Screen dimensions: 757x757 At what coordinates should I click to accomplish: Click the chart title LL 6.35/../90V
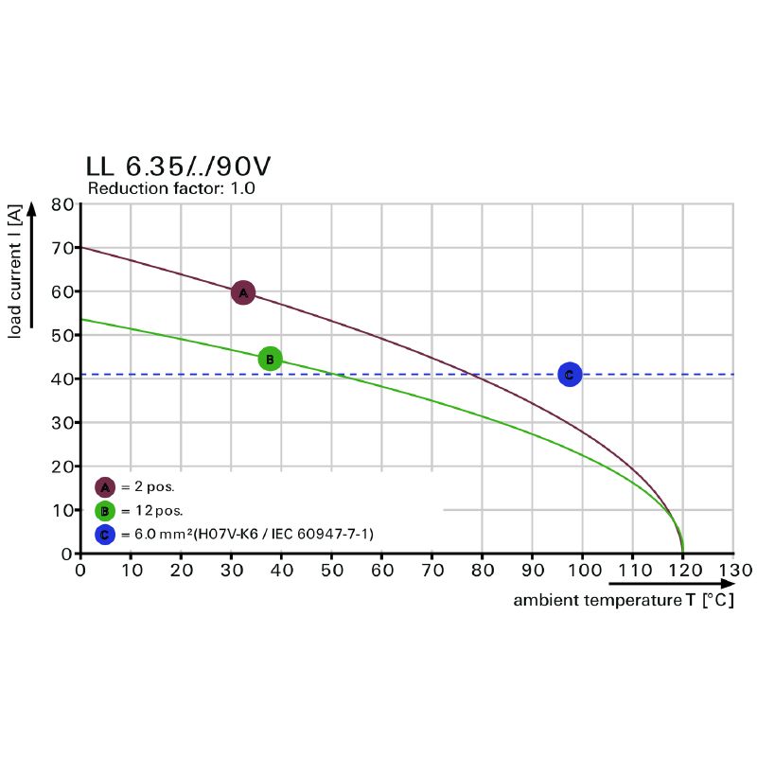point(178,167)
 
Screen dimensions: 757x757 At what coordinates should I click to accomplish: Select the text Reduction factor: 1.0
point(171,188)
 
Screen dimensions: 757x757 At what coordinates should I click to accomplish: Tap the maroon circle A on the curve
point(243,292)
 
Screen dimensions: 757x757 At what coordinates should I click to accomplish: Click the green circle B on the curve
point(270,359)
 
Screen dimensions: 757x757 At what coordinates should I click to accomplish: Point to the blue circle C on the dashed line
point(569,375)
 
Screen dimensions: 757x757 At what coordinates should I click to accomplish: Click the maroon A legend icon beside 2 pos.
point(105,487)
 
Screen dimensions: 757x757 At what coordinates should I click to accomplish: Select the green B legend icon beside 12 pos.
point(105,512)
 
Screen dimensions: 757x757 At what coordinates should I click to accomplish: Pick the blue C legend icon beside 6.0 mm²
point(105,535)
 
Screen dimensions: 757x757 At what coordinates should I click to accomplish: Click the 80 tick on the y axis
point(62,204)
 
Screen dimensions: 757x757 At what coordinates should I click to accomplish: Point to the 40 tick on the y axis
point(62,378)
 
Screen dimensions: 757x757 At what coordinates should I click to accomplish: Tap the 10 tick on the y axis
point(62,510)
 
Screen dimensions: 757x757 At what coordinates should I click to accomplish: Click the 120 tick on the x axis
point(682,571)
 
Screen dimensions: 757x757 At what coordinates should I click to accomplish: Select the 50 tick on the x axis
point(331,571)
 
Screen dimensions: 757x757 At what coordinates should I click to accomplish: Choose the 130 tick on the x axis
point(733,571)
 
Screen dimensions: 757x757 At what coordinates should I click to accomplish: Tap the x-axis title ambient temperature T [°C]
point(624,600)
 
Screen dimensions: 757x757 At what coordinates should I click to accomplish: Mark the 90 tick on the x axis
point(533,571)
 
